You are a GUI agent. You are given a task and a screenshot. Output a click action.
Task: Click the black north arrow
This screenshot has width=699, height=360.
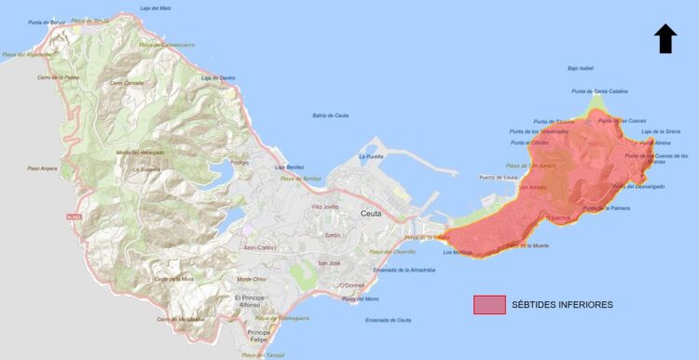pyautogui.click(x=665, y=39)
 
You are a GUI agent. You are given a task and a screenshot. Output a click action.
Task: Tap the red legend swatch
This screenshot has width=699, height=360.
pyautogui.click(x=489, y=305)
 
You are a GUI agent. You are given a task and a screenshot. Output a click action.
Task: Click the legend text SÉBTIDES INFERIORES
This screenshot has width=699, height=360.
pyautogui.click(x=563, y=305)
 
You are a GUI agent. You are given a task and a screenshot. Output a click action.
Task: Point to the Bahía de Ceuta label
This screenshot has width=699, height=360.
pyautogui.click(x=330, y=115)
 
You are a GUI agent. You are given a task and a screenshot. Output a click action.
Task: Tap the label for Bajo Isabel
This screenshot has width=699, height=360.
pyautogui.click(x=580, y=68)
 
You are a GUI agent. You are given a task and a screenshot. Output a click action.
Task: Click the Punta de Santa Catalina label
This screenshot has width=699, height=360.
pyautogui.click(x=599, y=91)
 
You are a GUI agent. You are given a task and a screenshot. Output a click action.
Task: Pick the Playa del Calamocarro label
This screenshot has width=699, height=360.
pyautogui.click(x=167, y=44)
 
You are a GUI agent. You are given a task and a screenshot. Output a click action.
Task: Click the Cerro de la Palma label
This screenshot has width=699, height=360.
pyautogui.click(x=58, y=76)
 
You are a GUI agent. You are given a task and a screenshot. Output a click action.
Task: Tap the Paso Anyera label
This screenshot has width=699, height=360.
pyautogui.click(x=42, y=168)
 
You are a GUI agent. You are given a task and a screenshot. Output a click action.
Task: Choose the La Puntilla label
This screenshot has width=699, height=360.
pyautogui.click(x=372, y=157)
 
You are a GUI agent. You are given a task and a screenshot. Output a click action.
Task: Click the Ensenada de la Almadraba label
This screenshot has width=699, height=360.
pyautogui.click(x=404, y=270)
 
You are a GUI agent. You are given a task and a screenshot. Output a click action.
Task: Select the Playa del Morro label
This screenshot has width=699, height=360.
pyautogui.click(x=361, y=298)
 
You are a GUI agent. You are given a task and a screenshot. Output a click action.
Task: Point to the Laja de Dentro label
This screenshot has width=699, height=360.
pyautogui.click(x=218, y=77)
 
